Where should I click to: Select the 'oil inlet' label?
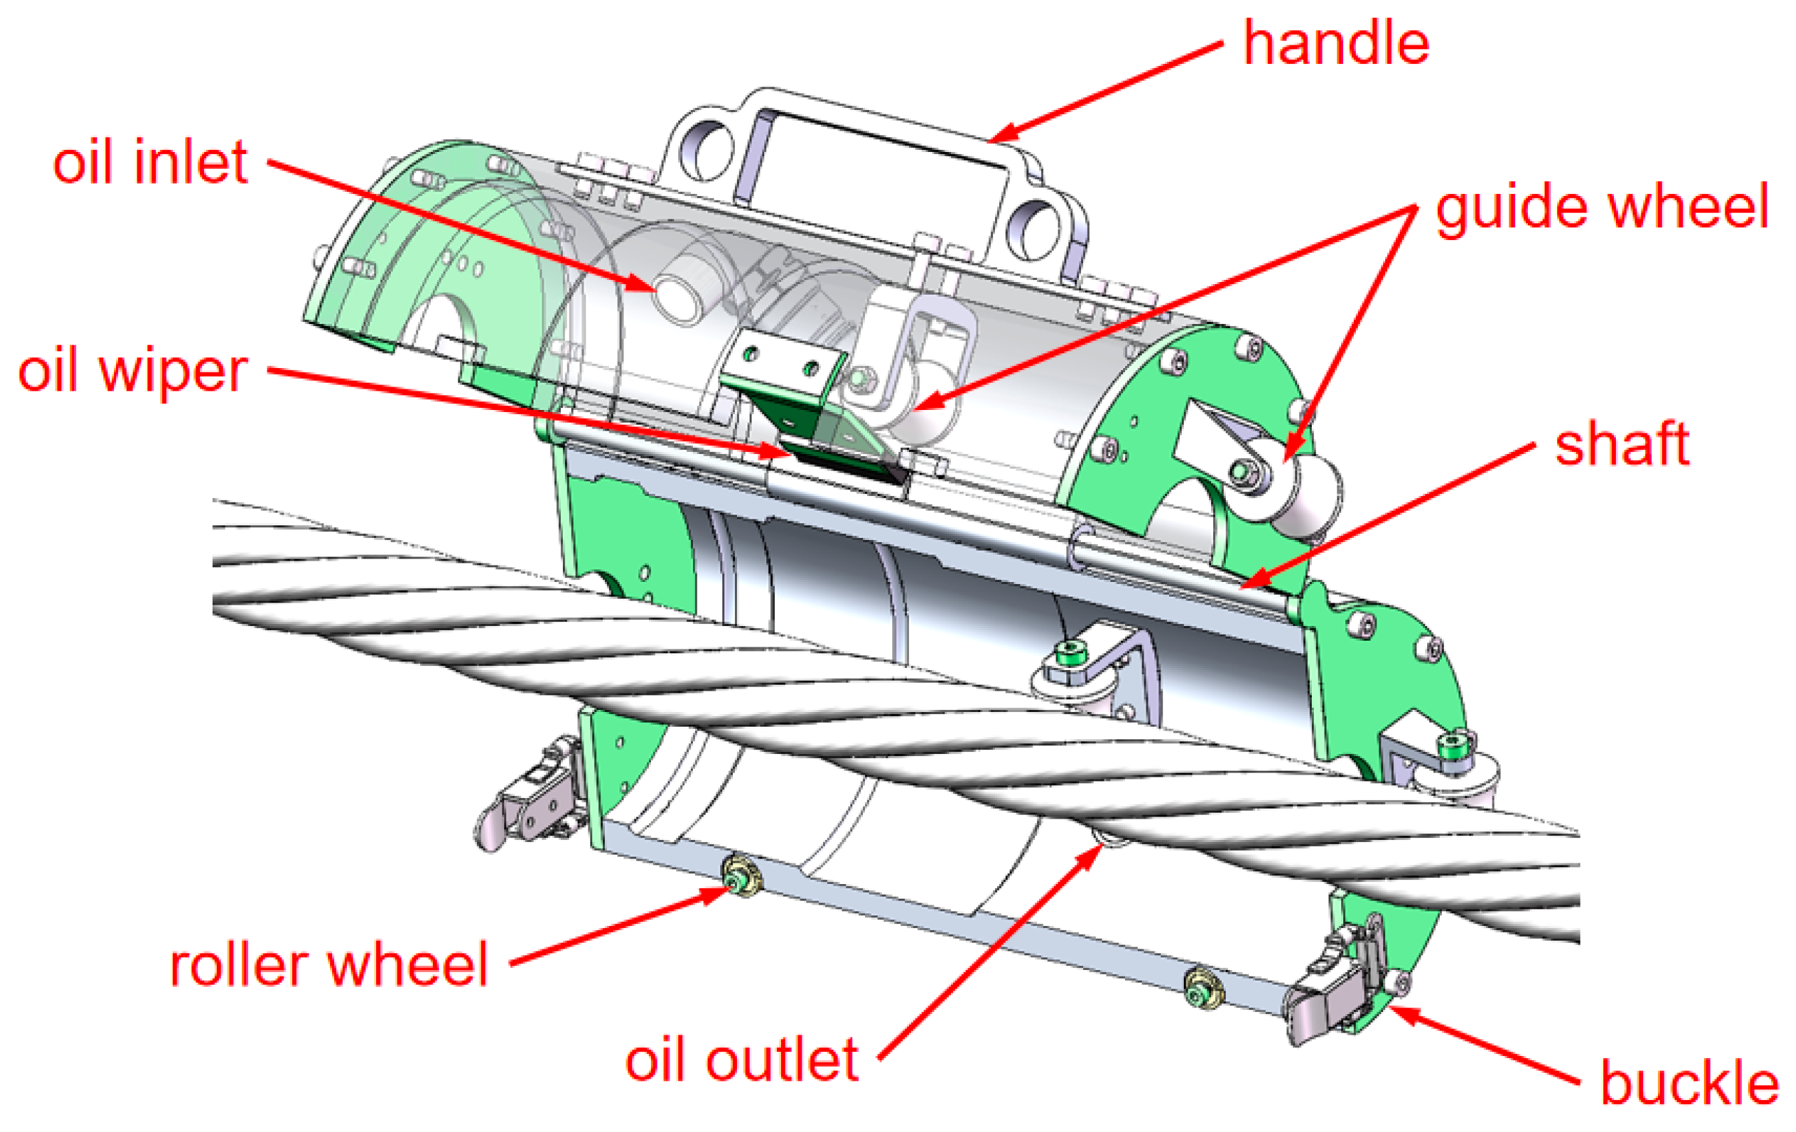click(149, 162)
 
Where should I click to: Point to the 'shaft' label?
click(1621, 445)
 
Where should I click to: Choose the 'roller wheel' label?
click(328, 966)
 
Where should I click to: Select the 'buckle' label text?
click(1689, 1082)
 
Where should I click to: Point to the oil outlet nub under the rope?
click(1111, 838)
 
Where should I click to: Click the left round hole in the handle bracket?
click(705, 151)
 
